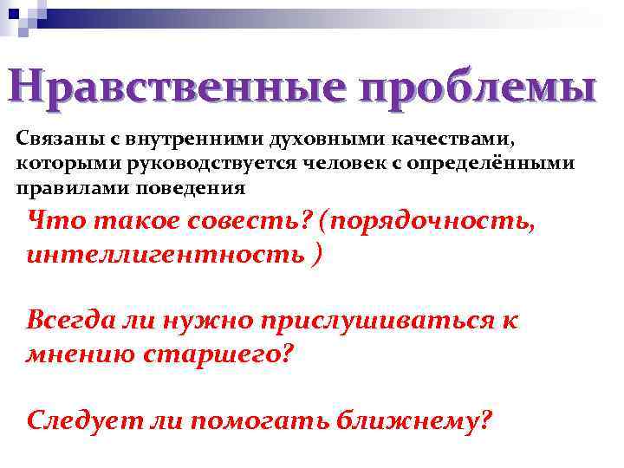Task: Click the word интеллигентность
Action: coord(166,255)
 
